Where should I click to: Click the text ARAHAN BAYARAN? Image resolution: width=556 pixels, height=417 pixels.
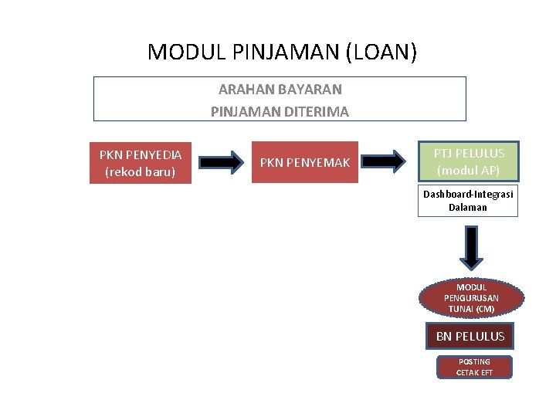(280, 90)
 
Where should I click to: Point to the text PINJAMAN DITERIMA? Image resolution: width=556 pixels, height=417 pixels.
(280, 111)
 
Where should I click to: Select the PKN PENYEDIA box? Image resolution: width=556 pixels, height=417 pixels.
(141, 162)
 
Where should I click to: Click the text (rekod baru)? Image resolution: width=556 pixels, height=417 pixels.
(141, 171)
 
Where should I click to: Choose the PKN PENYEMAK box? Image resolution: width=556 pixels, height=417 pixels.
(305, 162)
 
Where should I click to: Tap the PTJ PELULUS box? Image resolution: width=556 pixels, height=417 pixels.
(469, 161)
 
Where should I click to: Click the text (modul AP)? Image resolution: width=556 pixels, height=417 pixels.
(469, 171)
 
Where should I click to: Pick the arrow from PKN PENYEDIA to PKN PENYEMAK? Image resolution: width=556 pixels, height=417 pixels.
(221, 162)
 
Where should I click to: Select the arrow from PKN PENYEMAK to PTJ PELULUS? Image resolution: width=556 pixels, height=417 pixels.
(385, 161)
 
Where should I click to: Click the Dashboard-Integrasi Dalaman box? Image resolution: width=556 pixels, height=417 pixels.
(468, 201)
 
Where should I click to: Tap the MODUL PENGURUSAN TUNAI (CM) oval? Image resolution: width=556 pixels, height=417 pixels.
(471, 298)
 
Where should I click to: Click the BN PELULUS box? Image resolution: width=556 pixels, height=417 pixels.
(470, 336)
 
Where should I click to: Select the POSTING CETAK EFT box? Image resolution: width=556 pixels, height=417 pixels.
(474, 367)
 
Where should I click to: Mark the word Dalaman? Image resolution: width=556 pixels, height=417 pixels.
(468, 207)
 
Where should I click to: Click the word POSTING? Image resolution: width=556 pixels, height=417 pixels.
(474, 361)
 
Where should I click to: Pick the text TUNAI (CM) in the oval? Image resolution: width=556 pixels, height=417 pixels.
(471, 309)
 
